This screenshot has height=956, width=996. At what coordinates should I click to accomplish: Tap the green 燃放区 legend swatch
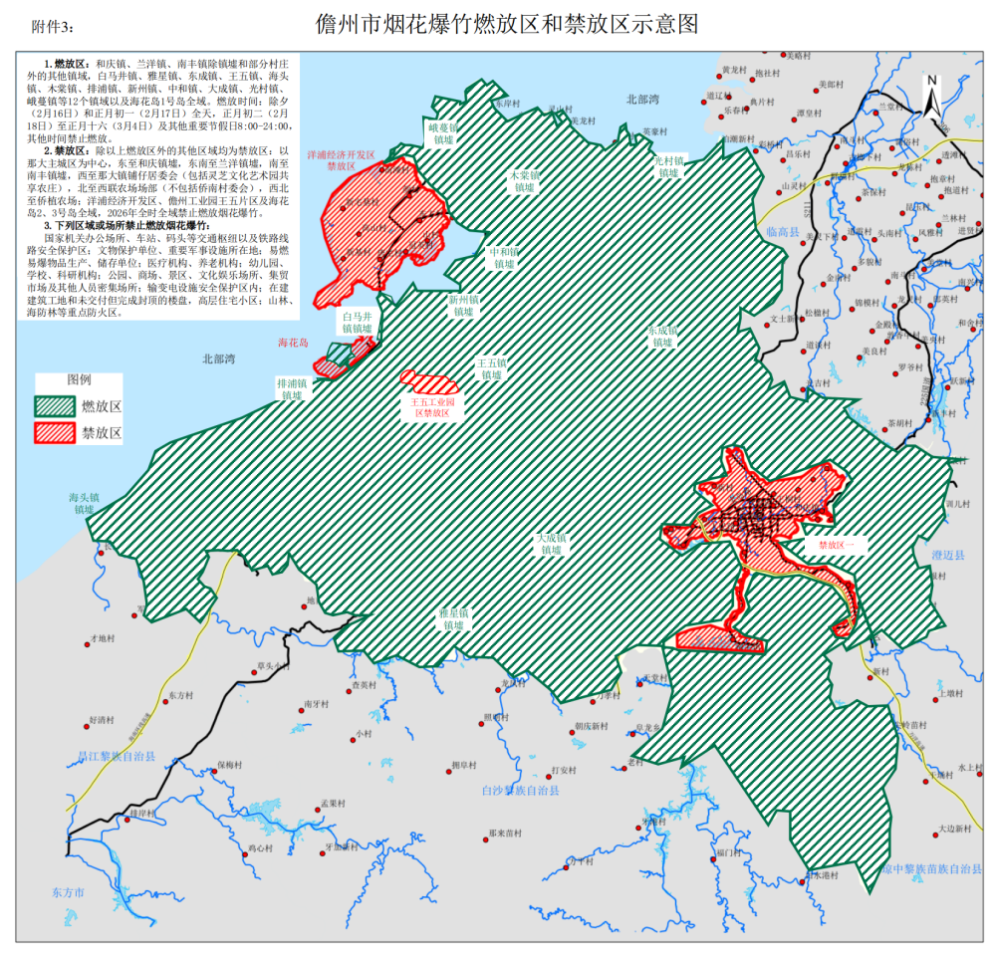55,406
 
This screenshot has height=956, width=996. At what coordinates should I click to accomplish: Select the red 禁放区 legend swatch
55,432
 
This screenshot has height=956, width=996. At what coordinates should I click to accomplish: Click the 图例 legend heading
79,381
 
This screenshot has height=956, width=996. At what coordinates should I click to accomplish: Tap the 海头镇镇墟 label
83,502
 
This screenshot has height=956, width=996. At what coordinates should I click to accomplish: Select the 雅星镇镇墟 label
453,618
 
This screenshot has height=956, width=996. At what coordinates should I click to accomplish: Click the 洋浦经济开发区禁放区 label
341,161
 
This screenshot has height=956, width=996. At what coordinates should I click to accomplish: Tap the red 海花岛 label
293,343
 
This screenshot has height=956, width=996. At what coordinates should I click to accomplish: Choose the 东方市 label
69,892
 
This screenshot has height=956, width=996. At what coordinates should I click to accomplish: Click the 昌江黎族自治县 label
118,757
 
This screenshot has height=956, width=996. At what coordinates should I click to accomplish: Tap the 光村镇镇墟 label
669,165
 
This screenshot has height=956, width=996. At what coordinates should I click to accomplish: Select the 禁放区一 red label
843,545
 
